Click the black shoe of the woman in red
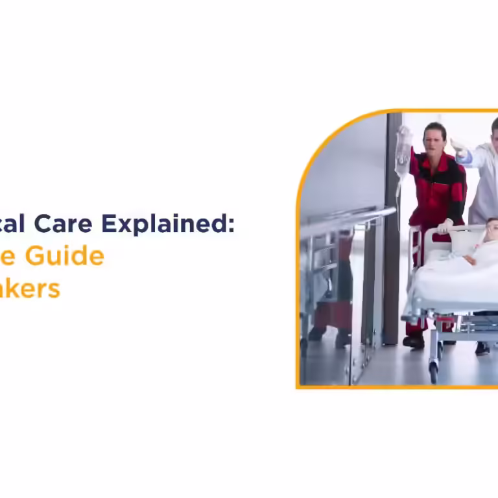(413, 341)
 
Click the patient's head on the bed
(492, 228)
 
